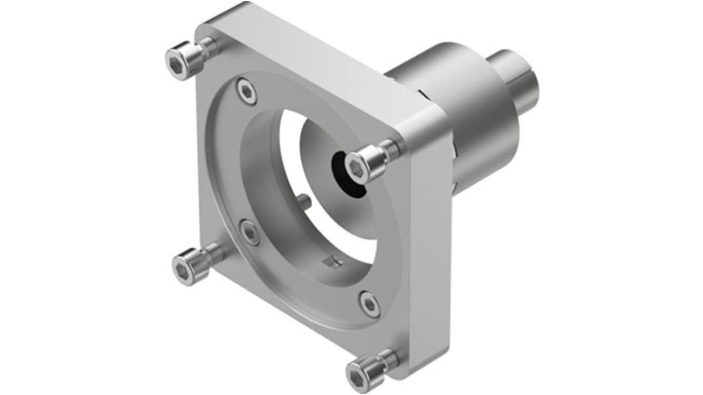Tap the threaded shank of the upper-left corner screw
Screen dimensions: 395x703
(x=210, y=48)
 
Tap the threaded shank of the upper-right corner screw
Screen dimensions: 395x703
(x=391, y=149)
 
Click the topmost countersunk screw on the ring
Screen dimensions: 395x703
(x=247, y=91)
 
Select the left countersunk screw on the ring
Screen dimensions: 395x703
(x=250, y=232)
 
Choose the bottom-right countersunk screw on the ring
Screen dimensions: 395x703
(x=370, y=304)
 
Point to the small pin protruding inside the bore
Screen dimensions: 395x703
(x=304, y=200)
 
